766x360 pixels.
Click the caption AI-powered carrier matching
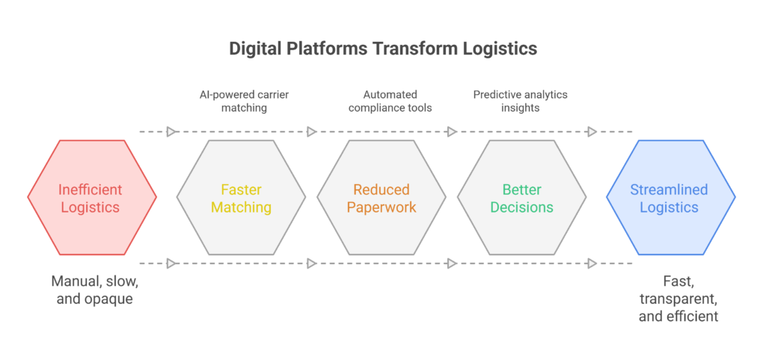pyautogui.click(x=241, y=102)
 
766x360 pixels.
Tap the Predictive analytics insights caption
pyautogui.click(x=521, y=102)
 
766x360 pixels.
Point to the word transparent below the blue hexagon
pyautogui.click(x=678, y=299)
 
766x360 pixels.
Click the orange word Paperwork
pyautogui.click(x=382, y=207)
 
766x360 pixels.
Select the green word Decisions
pyautogui.click(x=521, y=207)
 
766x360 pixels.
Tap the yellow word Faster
pyautogui.click(x=241, y=190)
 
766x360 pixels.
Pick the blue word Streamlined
pyautogui.click(x=670, y=190)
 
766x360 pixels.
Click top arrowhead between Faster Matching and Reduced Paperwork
pyautogui.click(x=311, y=132)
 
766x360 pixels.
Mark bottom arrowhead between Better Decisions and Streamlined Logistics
pyautogui.click(x=592, y=263)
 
